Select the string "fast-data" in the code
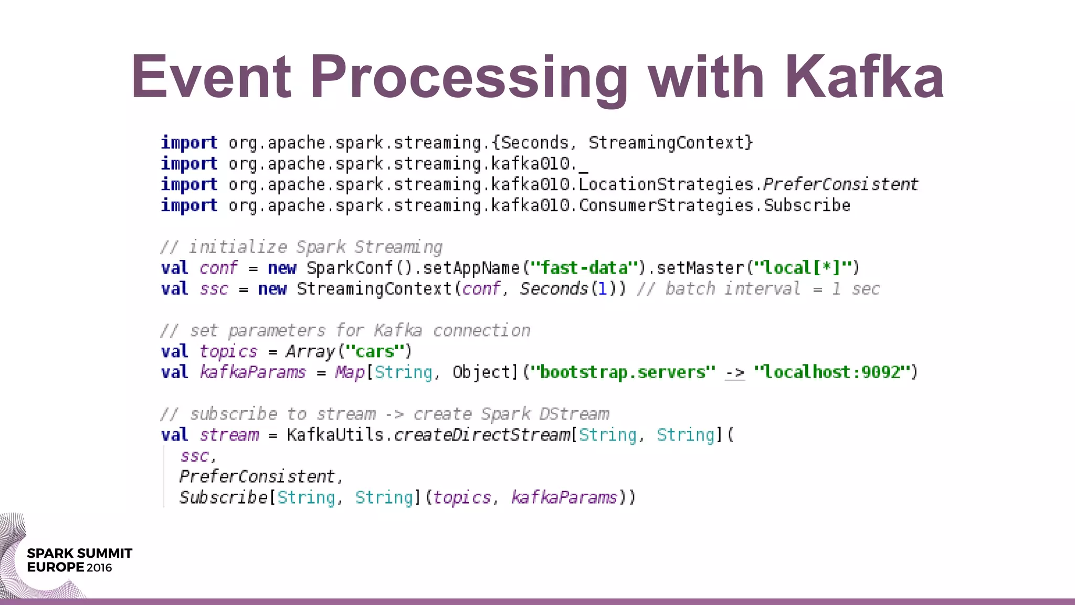tap(584, 268)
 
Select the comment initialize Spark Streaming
tap(301, 247)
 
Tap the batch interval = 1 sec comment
tap(758, 289)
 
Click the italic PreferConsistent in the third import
tap(840, 184)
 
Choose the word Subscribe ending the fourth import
tap(807, 205)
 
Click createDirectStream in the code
tap(482, 435)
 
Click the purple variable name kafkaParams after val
tap(252, 372)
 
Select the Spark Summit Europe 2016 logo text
tap(79, 560)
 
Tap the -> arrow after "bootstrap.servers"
tap(734, 373)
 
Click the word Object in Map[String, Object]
tap(481, 372)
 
